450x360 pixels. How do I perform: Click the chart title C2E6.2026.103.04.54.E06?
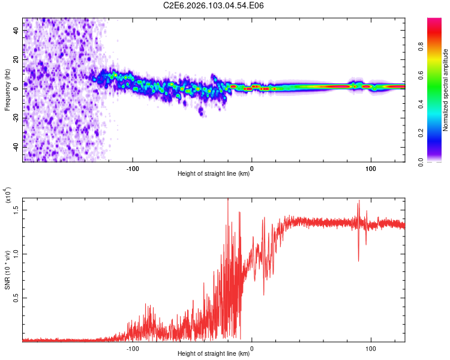coord(214,5)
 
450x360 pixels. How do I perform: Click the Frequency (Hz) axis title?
coord(7,89)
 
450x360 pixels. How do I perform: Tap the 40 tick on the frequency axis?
coord(17,29)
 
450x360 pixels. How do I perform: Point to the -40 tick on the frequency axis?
coord(16,146)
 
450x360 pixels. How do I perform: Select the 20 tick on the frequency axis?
coord(17,58)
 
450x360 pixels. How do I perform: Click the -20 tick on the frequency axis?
coord(16,117)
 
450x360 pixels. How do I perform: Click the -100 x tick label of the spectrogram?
coord(133,168)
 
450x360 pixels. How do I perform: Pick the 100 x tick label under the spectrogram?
coord(371,168)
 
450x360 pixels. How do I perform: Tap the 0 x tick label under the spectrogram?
coord(252,168)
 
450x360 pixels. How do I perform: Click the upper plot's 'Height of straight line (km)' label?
coord(214,175)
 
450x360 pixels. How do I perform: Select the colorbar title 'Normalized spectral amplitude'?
coord(446,90)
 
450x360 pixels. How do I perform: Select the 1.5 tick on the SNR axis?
coord(16,209)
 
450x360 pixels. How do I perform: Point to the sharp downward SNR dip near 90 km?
coord(359,259)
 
